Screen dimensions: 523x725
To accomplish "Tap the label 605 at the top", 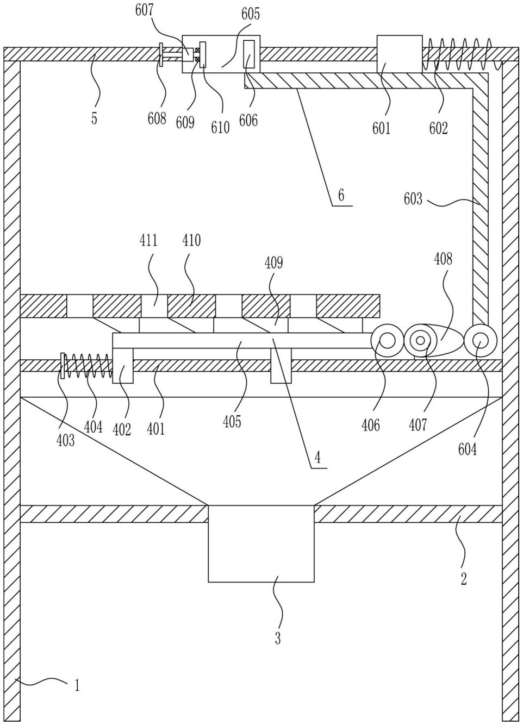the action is [x=251, y=15].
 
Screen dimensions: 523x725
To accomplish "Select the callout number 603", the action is [x=413, y=199].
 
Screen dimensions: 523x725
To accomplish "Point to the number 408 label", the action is [x=443, y=259].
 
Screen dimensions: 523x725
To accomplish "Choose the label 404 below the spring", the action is [x=94, y=428].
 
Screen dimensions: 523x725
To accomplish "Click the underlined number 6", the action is [x=341, y=196].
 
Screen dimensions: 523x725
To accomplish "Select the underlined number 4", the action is [x=318, y=458].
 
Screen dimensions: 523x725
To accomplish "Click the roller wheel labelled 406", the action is [x=388, y=341].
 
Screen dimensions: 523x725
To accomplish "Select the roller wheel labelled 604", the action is [x=480, y=341].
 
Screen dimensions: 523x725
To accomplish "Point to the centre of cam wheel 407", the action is [x=420, y=341].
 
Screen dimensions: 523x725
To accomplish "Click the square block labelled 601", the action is [x=400, y=54].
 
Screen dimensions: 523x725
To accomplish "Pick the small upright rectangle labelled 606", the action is [x=249, y=54].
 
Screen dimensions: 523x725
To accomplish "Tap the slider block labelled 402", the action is [x=123, y=366].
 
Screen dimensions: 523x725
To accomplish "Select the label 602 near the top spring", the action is [x=439, y=128].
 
